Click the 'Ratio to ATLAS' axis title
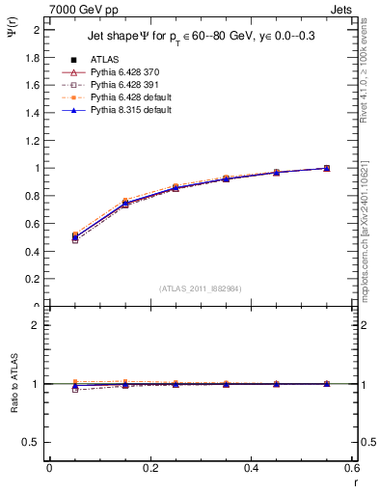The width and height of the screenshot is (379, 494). [x=14, y=383]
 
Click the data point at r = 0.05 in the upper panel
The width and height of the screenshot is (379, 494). [x=74, y=236]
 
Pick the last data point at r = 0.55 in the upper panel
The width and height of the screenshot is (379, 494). [x=327, y=168]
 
